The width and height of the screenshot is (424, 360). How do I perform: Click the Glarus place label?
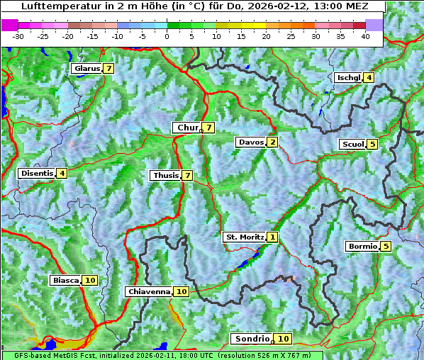point(86,69)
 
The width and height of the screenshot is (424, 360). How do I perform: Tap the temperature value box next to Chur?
point(209,128)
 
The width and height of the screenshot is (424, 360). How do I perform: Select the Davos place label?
point(250,142)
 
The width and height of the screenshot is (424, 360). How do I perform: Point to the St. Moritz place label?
point(244,237)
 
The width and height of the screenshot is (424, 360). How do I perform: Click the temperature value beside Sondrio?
point(283,339)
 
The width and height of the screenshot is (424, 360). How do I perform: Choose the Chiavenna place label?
point(148,291)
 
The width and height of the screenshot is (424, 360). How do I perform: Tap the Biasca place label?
point(65,281)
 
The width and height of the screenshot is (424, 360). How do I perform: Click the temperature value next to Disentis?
point(62,173)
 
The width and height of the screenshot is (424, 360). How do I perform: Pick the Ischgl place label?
point(347,78)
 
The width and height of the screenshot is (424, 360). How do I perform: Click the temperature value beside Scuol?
point(372,145)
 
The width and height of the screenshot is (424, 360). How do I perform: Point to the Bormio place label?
point(362,247)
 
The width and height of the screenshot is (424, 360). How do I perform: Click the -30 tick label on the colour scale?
point(18,35)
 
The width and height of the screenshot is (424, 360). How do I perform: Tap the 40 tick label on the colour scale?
point(365,35)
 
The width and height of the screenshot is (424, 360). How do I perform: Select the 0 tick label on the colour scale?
point(167,35)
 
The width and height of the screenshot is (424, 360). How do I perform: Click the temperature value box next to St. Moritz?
point(273,237)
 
